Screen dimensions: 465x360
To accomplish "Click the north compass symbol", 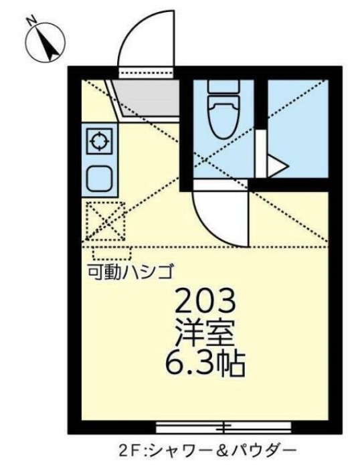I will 43,39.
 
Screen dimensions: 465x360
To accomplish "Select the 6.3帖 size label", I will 205,365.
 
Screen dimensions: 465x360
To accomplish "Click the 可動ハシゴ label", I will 131,272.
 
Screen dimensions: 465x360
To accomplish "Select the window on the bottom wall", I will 225,426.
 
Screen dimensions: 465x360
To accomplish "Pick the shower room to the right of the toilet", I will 298,127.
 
